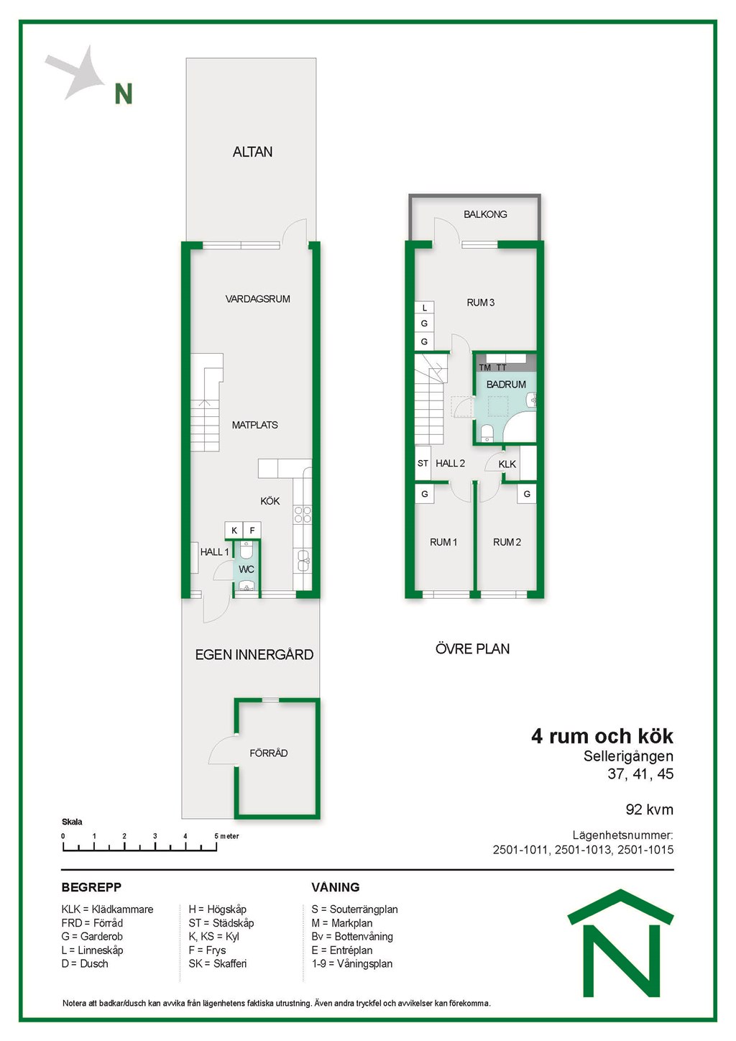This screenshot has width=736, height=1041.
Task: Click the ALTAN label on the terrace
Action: (252, 152)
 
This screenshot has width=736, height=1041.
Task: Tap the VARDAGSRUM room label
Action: (257, 299)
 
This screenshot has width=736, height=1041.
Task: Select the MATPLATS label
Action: (254, 425)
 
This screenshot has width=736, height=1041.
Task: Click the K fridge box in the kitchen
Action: (234, 530)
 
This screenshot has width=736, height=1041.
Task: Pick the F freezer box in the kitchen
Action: (252, 530)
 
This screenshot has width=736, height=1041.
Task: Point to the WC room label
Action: (247, 569)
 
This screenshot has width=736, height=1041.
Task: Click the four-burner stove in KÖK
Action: (303, 515)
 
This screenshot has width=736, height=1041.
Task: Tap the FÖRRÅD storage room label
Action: (269, 753)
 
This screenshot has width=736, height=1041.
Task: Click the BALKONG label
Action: (485, 214)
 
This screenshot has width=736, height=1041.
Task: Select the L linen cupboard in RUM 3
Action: (424, 308)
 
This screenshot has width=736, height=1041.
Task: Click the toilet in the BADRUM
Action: (487, 433)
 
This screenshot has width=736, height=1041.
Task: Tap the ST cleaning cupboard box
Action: (423, 463)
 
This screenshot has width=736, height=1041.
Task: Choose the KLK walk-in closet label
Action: (507, 464)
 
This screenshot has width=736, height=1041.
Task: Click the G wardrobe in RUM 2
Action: (527, 494)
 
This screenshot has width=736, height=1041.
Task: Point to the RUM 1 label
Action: (443, 542)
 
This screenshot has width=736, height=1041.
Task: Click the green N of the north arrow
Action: (124, 93)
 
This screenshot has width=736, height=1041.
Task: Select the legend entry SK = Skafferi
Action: (218, 963)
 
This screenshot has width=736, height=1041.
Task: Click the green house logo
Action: (621, 943)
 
